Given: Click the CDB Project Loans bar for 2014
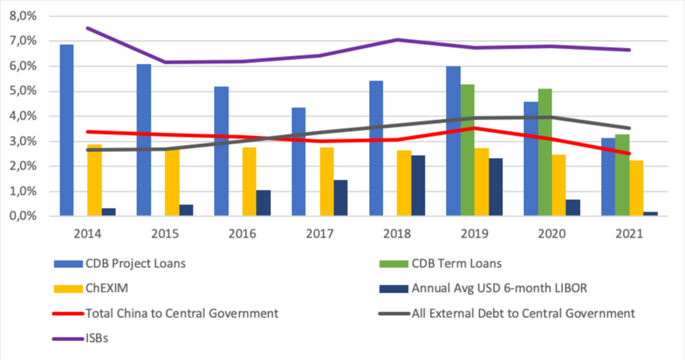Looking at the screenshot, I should (67, 130).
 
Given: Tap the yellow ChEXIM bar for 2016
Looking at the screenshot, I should (249, 181).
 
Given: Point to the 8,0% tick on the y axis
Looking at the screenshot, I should (27, 16).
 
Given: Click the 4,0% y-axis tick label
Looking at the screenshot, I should (27, 116).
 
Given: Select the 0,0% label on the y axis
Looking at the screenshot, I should (27, 216).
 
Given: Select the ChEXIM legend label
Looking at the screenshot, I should (107, 288).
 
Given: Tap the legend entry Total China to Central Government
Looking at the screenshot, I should (182, 314).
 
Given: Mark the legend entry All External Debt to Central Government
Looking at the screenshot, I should (522, 314).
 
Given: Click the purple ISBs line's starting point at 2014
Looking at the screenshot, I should (88, 28).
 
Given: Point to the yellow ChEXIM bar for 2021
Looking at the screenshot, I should (636, 188).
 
